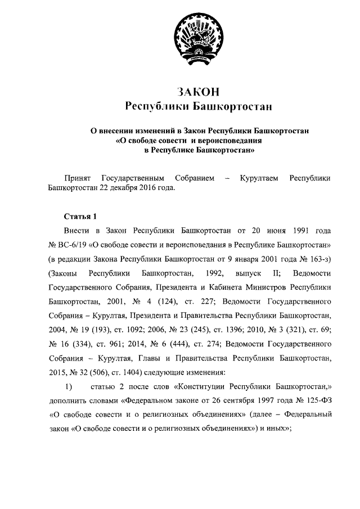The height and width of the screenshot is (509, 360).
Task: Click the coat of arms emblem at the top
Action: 197,37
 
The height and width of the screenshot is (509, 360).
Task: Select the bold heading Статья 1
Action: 80,216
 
